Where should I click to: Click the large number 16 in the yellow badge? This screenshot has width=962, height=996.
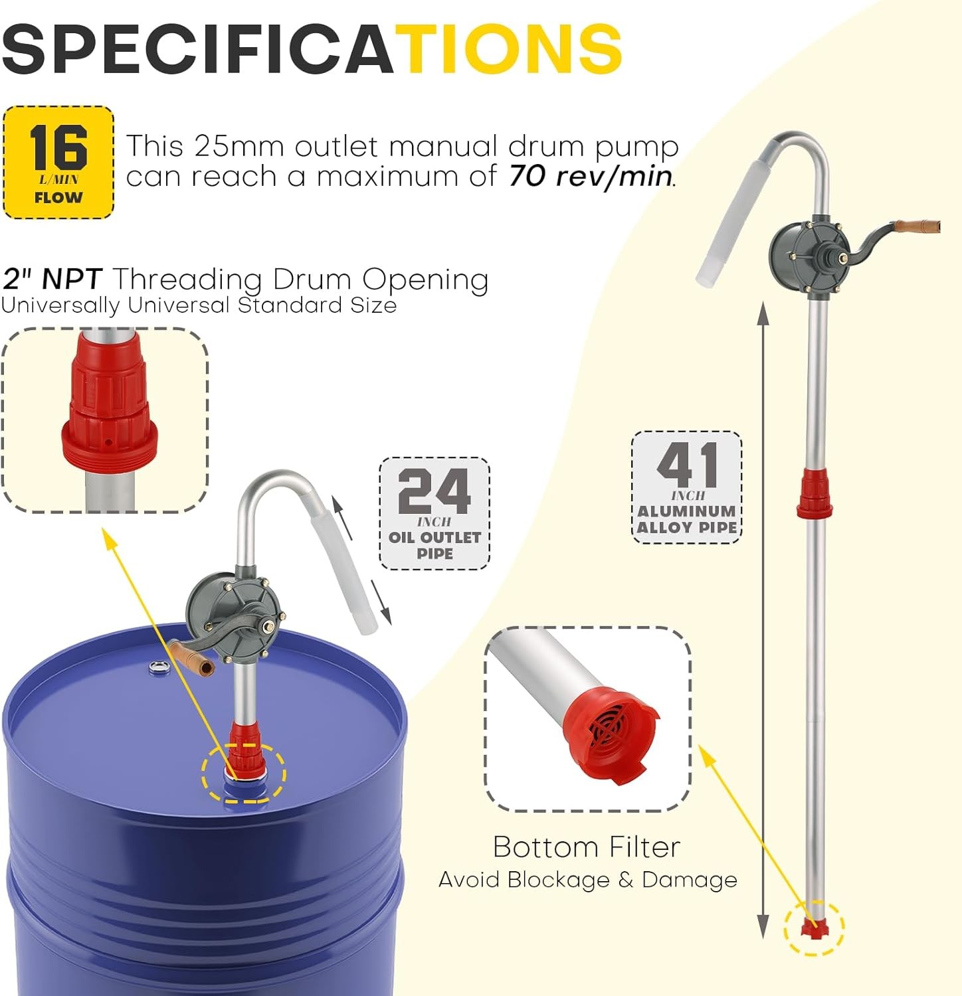[x=58, y=147]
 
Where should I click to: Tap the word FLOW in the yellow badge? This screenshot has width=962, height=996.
[x=58, y=197]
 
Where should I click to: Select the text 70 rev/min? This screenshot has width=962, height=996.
[x=592, y=177]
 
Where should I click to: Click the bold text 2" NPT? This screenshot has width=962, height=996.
[x=52, y=279]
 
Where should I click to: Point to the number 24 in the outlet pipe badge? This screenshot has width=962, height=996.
[x=434, y=491]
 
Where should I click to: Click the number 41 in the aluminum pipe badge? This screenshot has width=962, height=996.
[x=687, y=465]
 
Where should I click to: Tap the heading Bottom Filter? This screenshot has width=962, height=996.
[x=587, y=847]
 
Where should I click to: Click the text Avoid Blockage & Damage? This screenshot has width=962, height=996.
[x=588, y=880]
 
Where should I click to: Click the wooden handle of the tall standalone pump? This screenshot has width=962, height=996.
[x=917, y=227]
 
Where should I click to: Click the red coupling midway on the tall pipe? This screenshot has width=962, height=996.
[x=815, y=493]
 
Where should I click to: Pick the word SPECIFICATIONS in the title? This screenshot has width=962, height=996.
[x=312, y=49]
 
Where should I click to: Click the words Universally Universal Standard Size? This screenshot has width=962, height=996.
[x=199, y=306]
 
